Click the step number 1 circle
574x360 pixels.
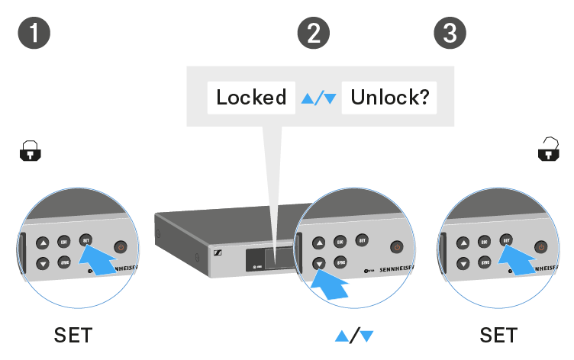[x=33, y=33]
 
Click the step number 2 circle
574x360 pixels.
[x=313, y=33]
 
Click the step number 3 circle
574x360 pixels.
[x=450, y=33]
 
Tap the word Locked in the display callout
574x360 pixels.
[x=251, y=98]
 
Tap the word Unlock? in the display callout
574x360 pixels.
[x=389, y=98]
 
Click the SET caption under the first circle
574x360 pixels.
[x=73, y=335]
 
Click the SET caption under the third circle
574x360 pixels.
[x=498, y=335]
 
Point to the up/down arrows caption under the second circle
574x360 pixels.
[x=356, y=335]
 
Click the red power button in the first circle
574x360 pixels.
[x=120, y=246]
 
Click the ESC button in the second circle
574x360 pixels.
[x=340, y=243]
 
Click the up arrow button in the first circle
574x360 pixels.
[x=43, y=244]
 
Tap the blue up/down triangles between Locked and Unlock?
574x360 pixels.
[x=318, y=98]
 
